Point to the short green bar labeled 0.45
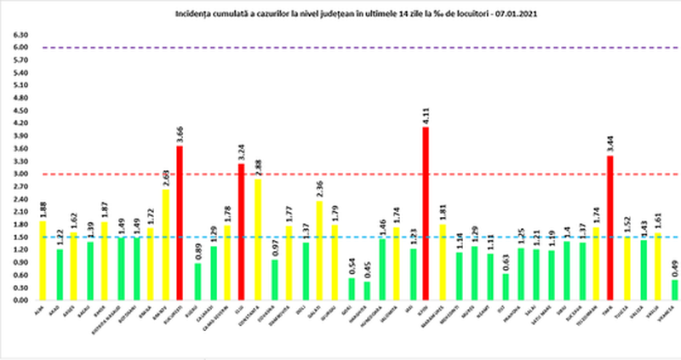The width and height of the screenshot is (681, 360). (367, 290)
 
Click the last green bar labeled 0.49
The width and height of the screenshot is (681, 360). (674, 289)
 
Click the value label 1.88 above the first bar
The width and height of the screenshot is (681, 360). (43, 209)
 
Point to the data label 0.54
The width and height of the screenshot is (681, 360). (351, 266)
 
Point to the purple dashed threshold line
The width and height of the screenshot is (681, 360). (340, 48)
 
